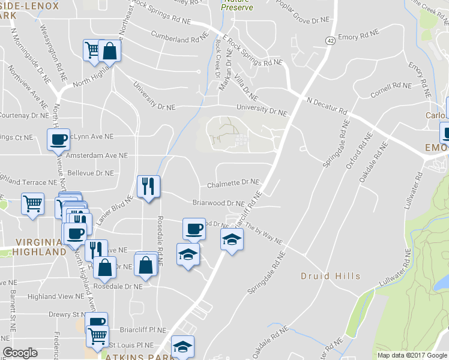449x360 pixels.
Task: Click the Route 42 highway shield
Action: (x=331, y=40)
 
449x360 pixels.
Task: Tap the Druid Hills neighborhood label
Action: (x=331, y=276)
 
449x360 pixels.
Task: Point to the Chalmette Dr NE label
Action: (x=233, y=182)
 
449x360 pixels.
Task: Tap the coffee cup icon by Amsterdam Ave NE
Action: (x=58, y=139)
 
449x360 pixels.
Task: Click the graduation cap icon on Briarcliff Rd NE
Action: (x=232, y=239)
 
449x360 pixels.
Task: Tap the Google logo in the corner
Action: (x=20, y=353)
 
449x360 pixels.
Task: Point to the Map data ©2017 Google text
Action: (x=411, y=355)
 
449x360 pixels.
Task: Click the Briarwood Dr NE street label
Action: (x=218, y=203)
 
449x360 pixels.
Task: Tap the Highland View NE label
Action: (x=55, y=296)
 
